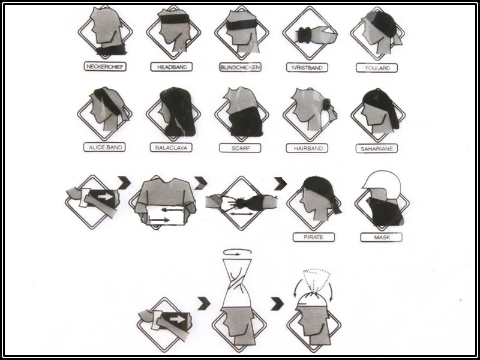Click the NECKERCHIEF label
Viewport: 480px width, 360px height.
[105, 67]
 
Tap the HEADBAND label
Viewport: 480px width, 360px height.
[172, 67]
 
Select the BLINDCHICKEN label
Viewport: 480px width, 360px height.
[240, 67]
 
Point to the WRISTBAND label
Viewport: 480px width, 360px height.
[307, 67]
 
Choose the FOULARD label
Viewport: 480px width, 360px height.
[377, 68]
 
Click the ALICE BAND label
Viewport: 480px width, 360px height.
[104, 147]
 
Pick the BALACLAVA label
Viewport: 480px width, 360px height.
[171, 148]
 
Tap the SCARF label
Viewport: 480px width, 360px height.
[240, 148]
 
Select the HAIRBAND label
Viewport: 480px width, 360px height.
[307, 148]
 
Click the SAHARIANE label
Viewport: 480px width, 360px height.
[377, 148]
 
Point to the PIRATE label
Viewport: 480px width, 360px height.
[313, 237]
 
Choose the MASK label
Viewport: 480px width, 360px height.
[381, 237]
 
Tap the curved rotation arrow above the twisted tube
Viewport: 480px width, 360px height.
[238, 251]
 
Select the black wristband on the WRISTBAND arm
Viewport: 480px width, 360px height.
[305, 35]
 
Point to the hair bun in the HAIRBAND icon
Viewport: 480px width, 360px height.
[326, 104]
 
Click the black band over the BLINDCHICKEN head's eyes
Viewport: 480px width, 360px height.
[242, 25]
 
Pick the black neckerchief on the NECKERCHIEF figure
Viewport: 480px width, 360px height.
[112, 49]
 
